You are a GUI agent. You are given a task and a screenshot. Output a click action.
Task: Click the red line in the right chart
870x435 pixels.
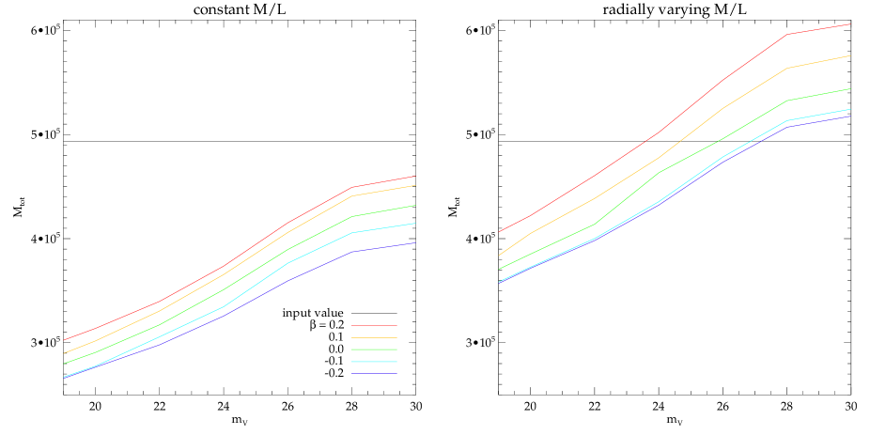[661, 131]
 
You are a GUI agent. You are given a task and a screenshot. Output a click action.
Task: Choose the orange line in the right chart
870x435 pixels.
[661, 156]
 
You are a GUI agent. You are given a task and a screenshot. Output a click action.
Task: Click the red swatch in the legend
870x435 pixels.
[374, 325]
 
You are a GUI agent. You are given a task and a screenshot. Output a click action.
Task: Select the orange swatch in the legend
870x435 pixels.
[374, 337]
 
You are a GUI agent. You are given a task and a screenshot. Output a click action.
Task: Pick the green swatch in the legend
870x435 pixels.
[374, 350]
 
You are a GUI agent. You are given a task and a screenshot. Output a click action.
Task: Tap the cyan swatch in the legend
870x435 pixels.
[374, 362]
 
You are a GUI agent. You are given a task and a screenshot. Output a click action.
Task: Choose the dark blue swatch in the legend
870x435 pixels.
[374, 374]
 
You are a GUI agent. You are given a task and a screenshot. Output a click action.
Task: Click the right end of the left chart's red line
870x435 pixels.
[414, 176]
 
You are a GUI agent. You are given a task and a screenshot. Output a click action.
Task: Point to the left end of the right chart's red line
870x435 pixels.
[499, 231]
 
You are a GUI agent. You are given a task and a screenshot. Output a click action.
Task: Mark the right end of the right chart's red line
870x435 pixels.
[850, 24]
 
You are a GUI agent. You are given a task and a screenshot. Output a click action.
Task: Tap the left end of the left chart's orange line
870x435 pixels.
[64, 353]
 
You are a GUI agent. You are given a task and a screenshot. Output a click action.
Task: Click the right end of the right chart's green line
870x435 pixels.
[850, 88]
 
